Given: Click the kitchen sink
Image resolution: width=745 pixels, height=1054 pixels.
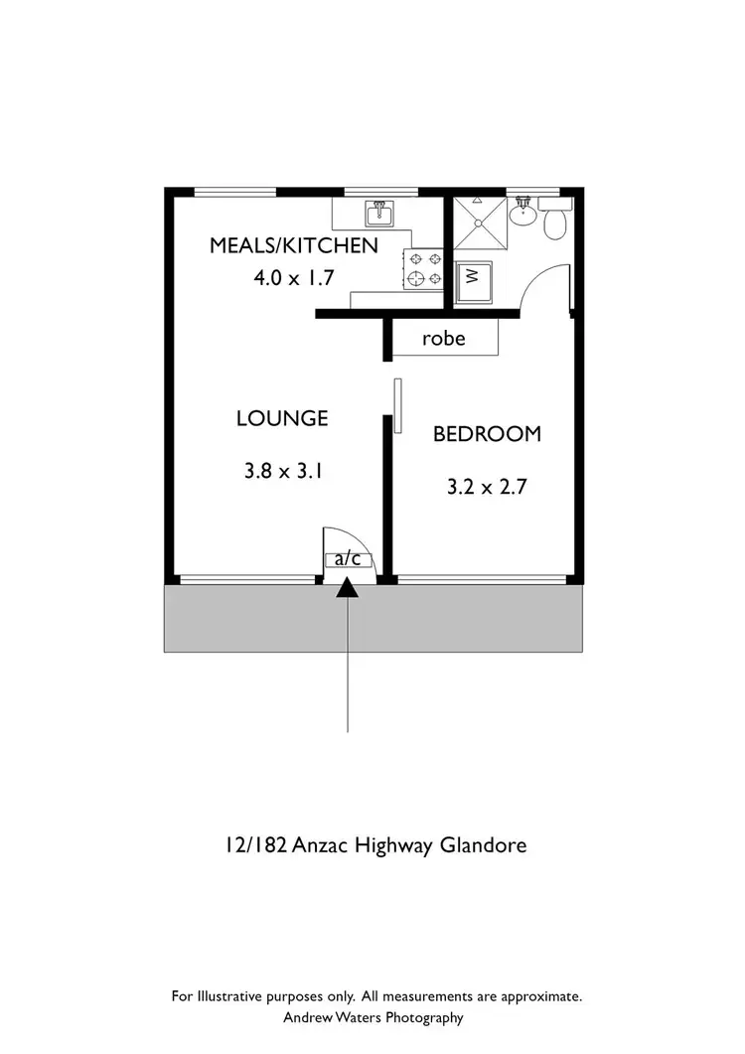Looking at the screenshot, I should point(377,214).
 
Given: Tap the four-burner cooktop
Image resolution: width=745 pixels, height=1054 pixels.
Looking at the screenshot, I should point(424,268).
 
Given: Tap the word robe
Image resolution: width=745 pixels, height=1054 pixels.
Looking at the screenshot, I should point(443,339).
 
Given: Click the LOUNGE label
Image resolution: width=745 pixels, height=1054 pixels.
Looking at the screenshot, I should point(282,419).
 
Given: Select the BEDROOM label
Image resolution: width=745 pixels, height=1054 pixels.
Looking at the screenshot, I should point(487,434).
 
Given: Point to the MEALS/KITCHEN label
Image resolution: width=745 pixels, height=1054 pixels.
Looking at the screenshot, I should point(293,246).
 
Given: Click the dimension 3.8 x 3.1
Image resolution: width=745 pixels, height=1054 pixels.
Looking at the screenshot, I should point(282,472).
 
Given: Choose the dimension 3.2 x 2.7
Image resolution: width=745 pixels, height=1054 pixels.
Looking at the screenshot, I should point(487,488).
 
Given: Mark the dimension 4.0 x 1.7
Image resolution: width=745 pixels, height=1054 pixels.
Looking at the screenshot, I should point(293,278).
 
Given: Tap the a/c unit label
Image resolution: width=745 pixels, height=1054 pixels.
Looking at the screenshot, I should point(348,559).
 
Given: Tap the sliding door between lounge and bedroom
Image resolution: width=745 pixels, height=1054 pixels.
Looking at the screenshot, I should point(397,405).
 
